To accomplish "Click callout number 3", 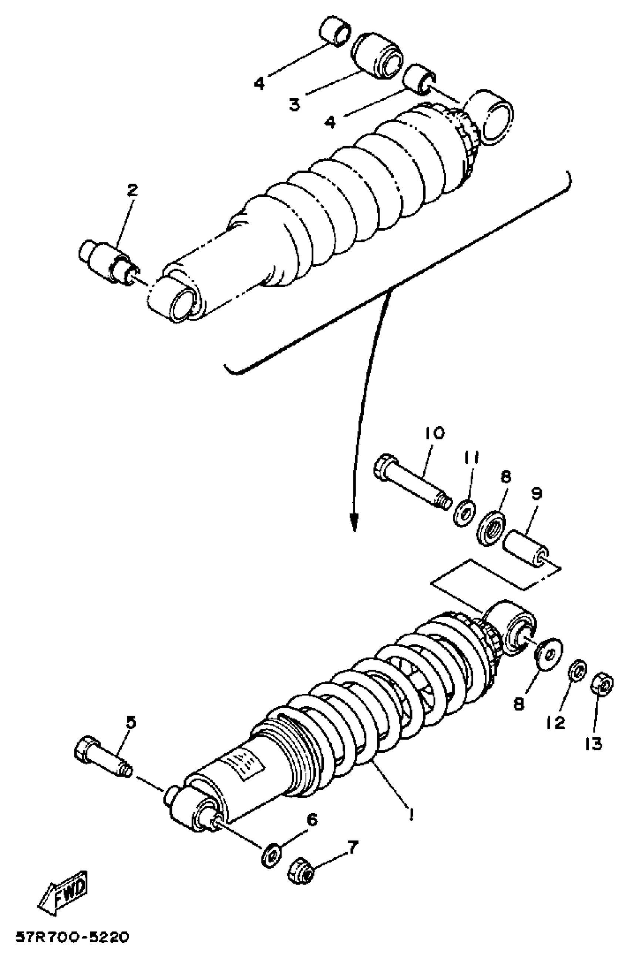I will pos(295,105).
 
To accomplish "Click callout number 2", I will pos(132,190).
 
